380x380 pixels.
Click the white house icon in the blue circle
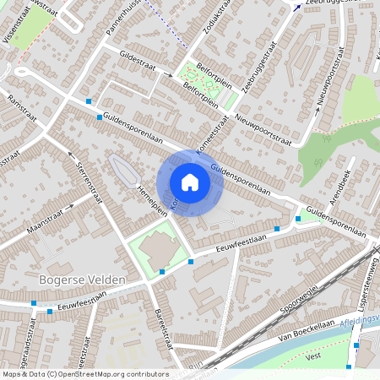[x=190, y=182]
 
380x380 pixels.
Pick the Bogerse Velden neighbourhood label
[x=82, y=279]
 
